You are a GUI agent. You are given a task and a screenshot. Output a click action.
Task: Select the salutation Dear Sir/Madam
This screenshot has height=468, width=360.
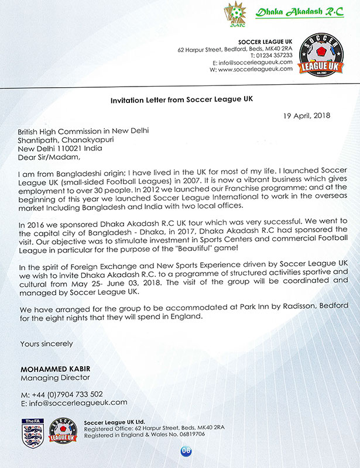coord(48,156)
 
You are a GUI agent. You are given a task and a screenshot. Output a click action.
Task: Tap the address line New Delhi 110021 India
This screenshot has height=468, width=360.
coord(66,148)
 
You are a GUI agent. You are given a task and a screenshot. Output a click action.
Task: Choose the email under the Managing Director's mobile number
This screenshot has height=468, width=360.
coord(73,402)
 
